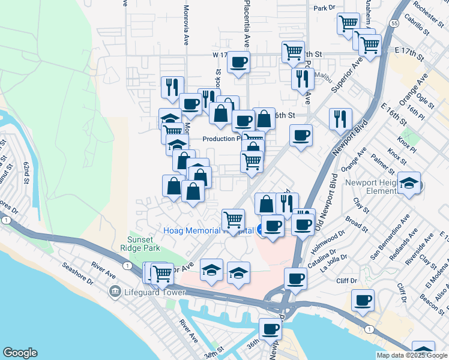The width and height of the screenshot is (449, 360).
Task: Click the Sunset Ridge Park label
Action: [143, 244]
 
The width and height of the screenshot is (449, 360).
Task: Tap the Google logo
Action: [20, 353]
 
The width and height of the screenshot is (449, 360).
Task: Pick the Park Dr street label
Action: [324, 8]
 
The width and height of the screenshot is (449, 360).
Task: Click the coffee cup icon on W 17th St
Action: [238, 62]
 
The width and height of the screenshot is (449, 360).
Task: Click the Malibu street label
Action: [323, 77]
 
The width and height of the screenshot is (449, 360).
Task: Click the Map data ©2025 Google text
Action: [411, 355]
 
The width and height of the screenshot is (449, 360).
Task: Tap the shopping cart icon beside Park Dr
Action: [348, 24]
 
